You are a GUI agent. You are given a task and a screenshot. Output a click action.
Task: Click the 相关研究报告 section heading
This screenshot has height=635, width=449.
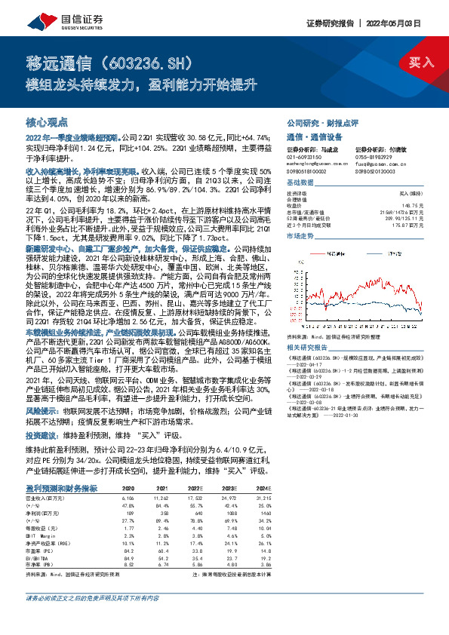[x=306, y=325]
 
